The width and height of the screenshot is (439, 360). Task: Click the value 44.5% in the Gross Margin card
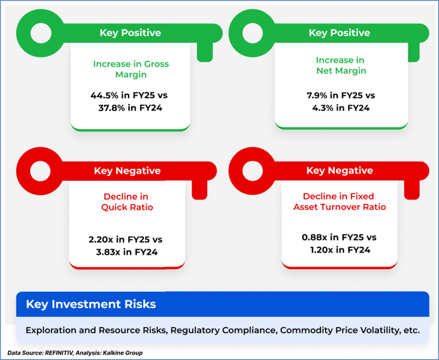pyautogui.click(x=105, y=95)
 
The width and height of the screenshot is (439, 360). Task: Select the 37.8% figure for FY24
pyautogui.click(x=112, y=108)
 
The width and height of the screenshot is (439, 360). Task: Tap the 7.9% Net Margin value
pyautogui.click(x=317, y=95)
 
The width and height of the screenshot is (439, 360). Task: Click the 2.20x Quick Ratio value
pyautogui.click(x=101, y=240)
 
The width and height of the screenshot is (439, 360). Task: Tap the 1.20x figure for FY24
pyautogui.click(x=321, y=250)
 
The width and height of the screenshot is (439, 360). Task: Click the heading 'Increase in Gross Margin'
pyautogui.click(x=131, y=69)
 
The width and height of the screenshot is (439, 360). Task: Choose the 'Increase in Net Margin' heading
pyautogui.click(x=341, y=65)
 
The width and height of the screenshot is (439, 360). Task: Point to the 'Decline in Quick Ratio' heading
pyautogui.click(x=127, y=202)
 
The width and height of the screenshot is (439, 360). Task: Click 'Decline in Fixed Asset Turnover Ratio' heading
pyautogui.click(x=340, y=202)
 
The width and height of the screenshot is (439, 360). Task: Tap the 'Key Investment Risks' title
pyautogui.click(x=91, y=304)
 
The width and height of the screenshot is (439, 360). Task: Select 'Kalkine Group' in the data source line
pyautogui.click(x=123, y=353)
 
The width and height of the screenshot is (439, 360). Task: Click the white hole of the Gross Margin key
pyautogui.click(x=41, y=33)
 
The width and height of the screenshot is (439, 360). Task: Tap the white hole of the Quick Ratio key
pyautogui.click(x=40, y=171)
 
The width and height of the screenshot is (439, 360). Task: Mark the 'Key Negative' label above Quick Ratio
pyautogui.click(x=127, y=171)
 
